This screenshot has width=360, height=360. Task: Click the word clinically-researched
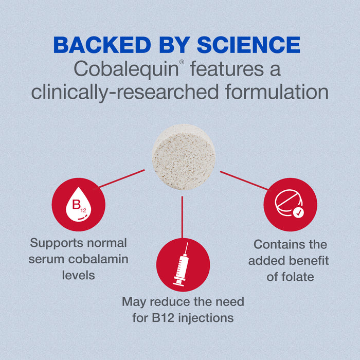click(x=122, y=93)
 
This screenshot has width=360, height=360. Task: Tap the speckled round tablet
click(x=183, y=154)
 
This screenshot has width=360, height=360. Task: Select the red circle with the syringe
click(x=183, y=265)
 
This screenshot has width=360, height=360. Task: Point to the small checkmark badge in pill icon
click(x=299, y=211)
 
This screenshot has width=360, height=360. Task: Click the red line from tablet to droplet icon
click(x=122, y=178)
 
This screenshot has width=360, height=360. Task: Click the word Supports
click(x=56, y=243)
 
